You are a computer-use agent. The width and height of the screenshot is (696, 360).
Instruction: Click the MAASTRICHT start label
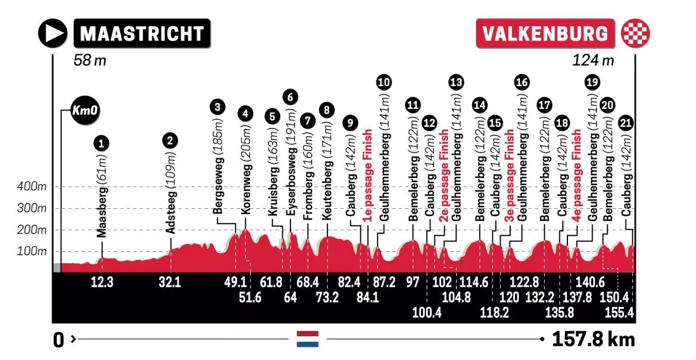(x=142, y=33)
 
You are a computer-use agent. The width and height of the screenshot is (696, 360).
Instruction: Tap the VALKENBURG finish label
(x=546, y=33)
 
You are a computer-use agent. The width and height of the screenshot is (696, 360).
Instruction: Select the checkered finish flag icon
(x=635, y=33)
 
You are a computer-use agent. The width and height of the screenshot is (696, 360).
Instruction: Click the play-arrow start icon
(x=53, y=33)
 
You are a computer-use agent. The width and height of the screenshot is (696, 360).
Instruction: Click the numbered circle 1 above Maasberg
(x=103, y=142)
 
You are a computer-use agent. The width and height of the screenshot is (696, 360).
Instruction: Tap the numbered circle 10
(x=385, y=82)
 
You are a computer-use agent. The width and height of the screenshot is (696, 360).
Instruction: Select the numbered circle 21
(x=625, y=124)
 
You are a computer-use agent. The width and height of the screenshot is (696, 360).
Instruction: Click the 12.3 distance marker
(x=102, y=283)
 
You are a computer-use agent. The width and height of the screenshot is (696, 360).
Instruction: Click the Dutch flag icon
(x=308, y=339)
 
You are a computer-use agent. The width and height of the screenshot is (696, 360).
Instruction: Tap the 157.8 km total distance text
(x=593, y=340)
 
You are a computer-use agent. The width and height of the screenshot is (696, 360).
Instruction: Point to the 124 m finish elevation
(x=593, y=60)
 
